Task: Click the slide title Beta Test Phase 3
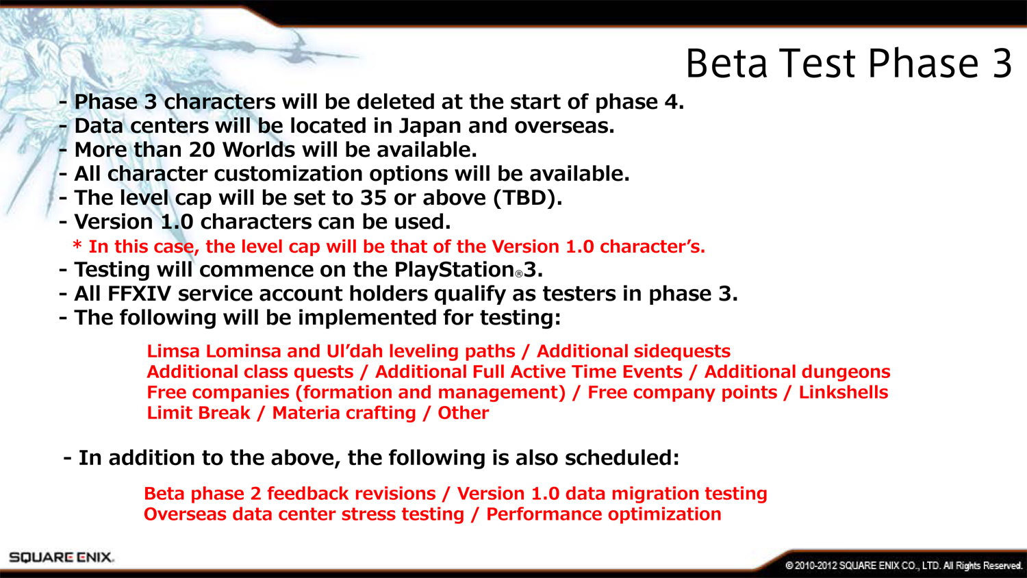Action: [849, 64]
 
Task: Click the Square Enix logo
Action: [61, 557]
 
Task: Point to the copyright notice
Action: [903, 566]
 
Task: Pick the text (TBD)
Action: [527, 199]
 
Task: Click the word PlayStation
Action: [454, 270]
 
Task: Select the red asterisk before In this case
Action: [77, 244]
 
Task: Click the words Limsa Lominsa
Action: [214, 351]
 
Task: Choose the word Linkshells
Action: [844, 392]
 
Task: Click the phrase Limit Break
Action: [199, 414]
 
